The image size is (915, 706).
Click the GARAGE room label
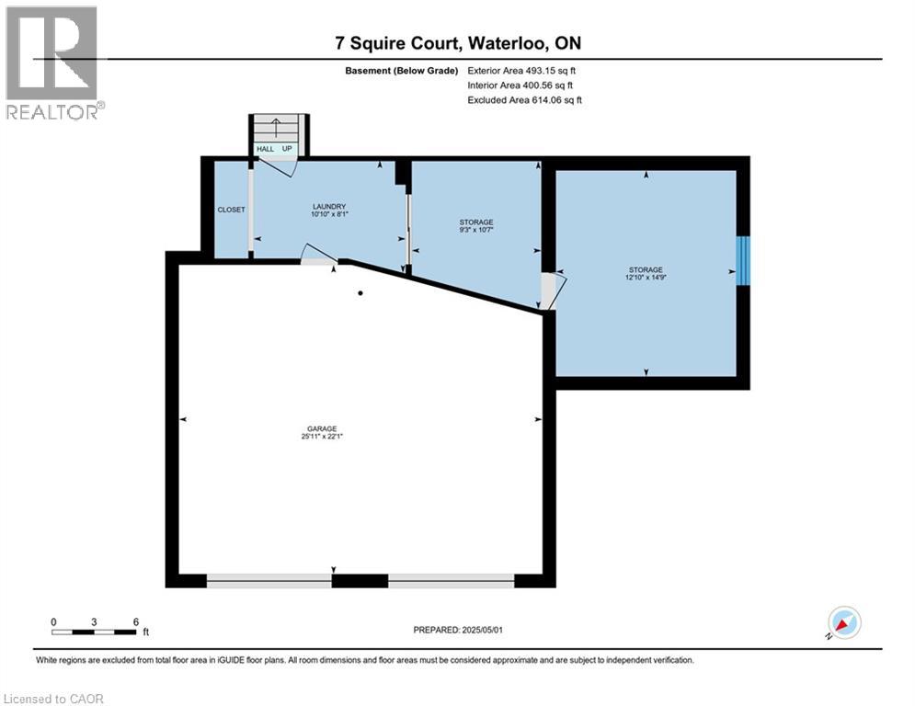tap(322, 428)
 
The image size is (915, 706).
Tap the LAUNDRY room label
tap(328, 207)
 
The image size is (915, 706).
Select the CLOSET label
tap(231, 210)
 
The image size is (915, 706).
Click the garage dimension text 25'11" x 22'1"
tap(322, 437)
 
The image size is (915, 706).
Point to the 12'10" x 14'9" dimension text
tap(645, 277)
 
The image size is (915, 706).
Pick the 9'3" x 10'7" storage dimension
tap(476, 230)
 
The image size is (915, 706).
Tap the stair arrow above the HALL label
tap(273, 131)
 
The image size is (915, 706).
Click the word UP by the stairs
tap(287, 149)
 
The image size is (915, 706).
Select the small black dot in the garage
tap(360, 293)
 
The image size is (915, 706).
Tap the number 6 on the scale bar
tap(135, 621)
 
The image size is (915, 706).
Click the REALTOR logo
tap(52, 63)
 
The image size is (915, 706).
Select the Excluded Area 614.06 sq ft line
tap(525, 99)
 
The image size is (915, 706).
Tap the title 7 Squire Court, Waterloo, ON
tap(456, 43)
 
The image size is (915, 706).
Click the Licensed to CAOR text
tap(54, 699)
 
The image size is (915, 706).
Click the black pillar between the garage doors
tap(360, 580)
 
